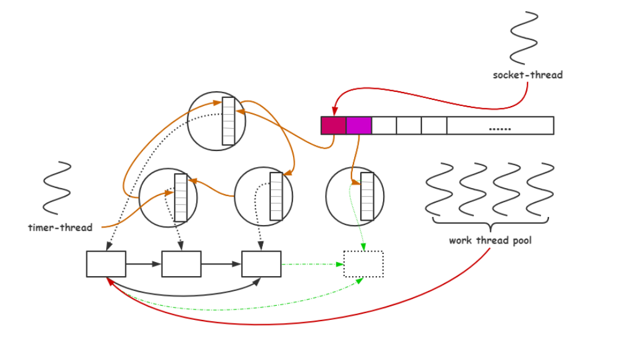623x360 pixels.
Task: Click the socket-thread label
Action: click(x=527, y=75)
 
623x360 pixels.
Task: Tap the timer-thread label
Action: click(x=60, y=227)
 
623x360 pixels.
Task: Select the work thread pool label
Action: click(x=490, y=240)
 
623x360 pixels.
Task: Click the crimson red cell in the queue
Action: click(x=333, y=125)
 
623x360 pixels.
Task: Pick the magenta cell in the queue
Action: click(x=358, y=125)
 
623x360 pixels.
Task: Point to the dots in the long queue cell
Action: click(x=500, y=128)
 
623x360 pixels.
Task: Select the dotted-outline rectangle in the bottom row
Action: click(x=363, y=264)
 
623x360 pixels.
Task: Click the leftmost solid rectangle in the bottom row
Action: click(x=106, y=264)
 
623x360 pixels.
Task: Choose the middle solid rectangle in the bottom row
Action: click(x=181, y=264)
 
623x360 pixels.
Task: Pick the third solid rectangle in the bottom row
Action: click(x=261, y=264)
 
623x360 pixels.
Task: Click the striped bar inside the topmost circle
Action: click(x=228, y=121)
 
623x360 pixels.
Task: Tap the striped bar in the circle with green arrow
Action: click(x=367, y=197)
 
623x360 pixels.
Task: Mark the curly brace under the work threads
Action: click(x=490, y=221)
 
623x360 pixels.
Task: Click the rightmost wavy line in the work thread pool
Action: click(x=540, y=187)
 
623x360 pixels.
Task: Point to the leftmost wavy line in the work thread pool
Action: click(x=440, y=187)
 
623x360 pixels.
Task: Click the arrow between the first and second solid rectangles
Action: click(x=143, y=264)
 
